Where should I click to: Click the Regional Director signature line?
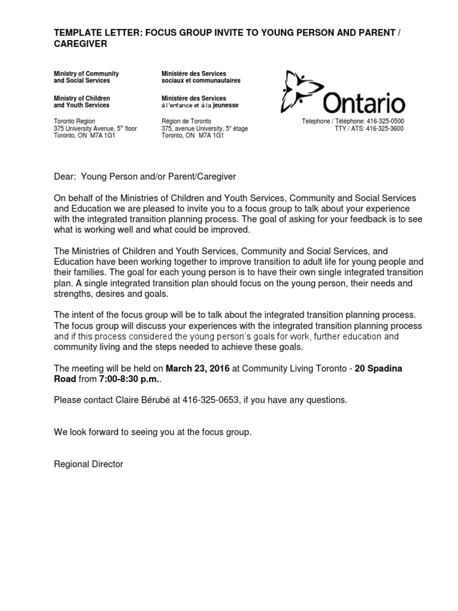(x=88, y=464)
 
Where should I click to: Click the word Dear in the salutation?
(x=64, y=177)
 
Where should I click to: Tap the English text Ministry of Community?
(x=86, y=73)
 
